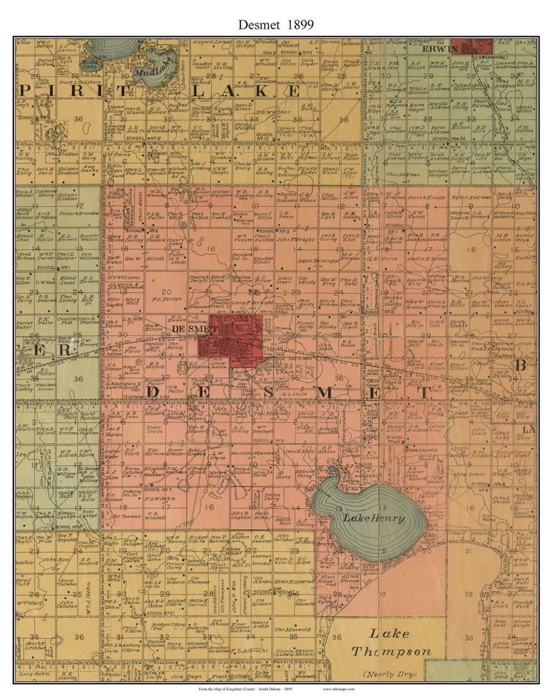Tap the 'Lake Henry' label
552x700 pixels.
click(x=374, y=518)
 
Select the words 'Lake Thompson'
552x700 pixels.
click(x=390, y=643)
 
